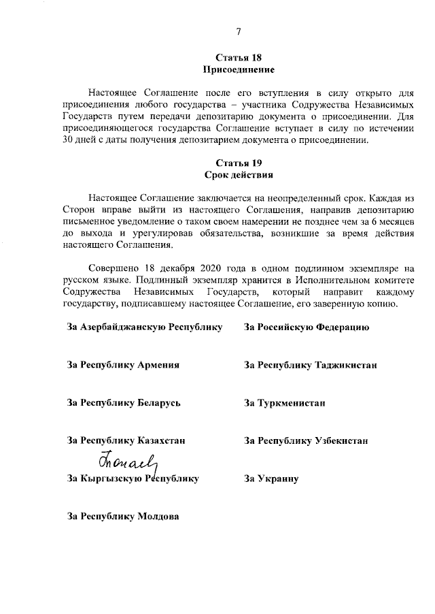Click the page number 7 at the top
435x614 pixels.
coord(238,30)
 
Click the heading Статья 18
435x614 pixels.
coord(238,57)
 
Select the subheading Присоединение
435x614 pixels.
coord(238,69)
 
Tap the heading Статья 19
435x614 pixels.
coord(238,163)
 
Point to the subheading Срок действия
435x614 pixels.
coord(238,175)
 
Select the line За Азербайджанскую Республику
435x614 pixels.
coord(145,327)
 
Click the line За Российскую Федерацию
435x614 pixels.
coord(307,327)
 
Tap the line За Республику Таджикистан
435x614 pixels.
coord(310,365)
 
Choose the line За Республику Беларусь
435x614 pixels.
coord(123,403)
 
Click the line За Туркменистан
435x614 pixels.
coord(285,403)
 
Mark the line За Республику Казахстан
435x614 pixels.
coord(126,440)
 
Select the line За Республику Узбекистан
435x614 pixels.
coord(306,440)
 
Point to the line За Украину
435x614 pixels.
coord(272,479)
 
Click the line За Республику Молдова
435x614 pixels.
coord(123,516)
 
